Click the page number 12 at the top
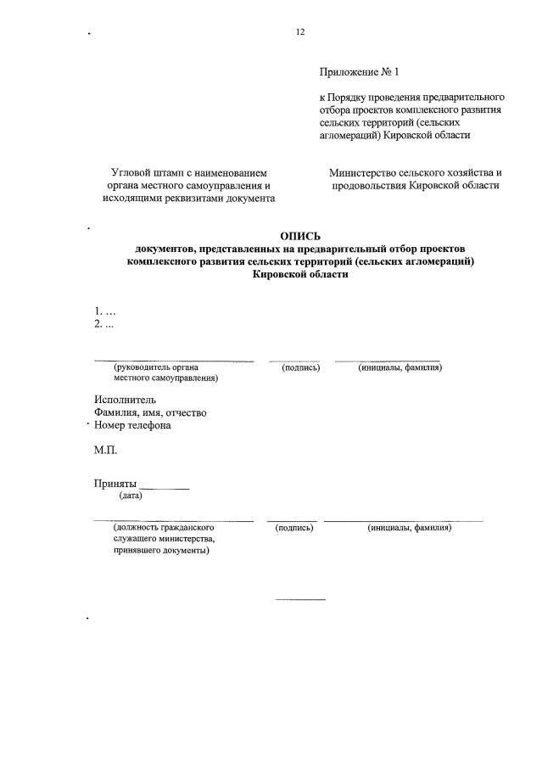tap(299, 32)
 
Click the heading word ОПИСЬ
tap(300, 236)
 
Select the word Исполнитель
tap(125, 400)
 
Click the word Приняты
tap(115, 484)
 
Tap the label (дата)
tap(131, 496)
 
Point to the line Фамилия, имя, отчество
tap(150, 412)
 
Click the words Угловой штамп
tap(149, 172)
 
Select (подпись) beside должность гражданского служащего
tap(295, 528)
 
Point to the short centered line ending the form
tap(299, 600)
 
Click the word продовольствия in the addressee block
tap(368, 185)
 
